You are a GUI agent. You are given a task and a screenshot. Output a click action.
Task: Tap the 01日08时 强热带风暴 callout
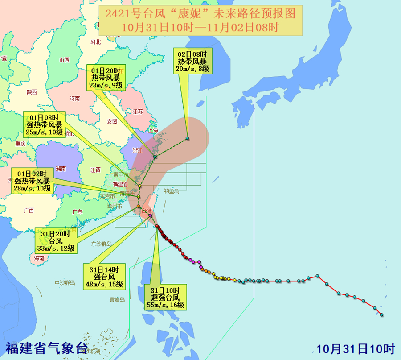[x=44, y=124]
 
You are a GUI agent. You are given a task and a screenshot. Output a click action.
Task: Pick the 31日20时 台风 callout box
[x=56, y=241]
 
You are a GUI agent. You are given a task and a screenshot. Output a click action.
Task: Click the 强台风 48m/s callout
[x=104, y=277]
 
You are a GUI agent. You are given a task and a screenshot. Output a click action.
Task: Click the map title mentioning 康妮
[x=200, y=20]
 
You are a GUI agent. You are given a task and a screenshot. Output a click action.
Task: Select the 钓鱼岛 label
[x=171, y=191]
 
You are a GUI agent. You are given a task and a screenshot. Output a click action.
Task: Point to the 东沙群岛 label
[x=101, y=244]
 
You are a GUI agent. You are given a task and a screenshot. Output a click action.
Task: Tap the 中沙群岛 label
[x=65, y=283]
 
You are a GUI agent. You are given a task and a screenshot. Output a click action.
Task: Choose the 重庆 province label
[x=20, y=144]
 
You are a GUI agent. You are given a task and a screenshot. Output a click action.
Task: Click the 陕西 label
[x=32, y=92]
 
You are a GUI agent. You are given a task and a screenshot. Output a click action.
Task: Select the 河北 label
[x=95, y=42]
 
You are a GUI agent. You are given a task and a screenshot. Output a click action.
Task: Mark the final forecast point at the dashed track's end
[x=188, y=138]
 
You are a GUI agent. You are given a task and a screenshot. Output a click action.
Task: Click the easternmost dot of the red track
[x=382, y=315]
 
